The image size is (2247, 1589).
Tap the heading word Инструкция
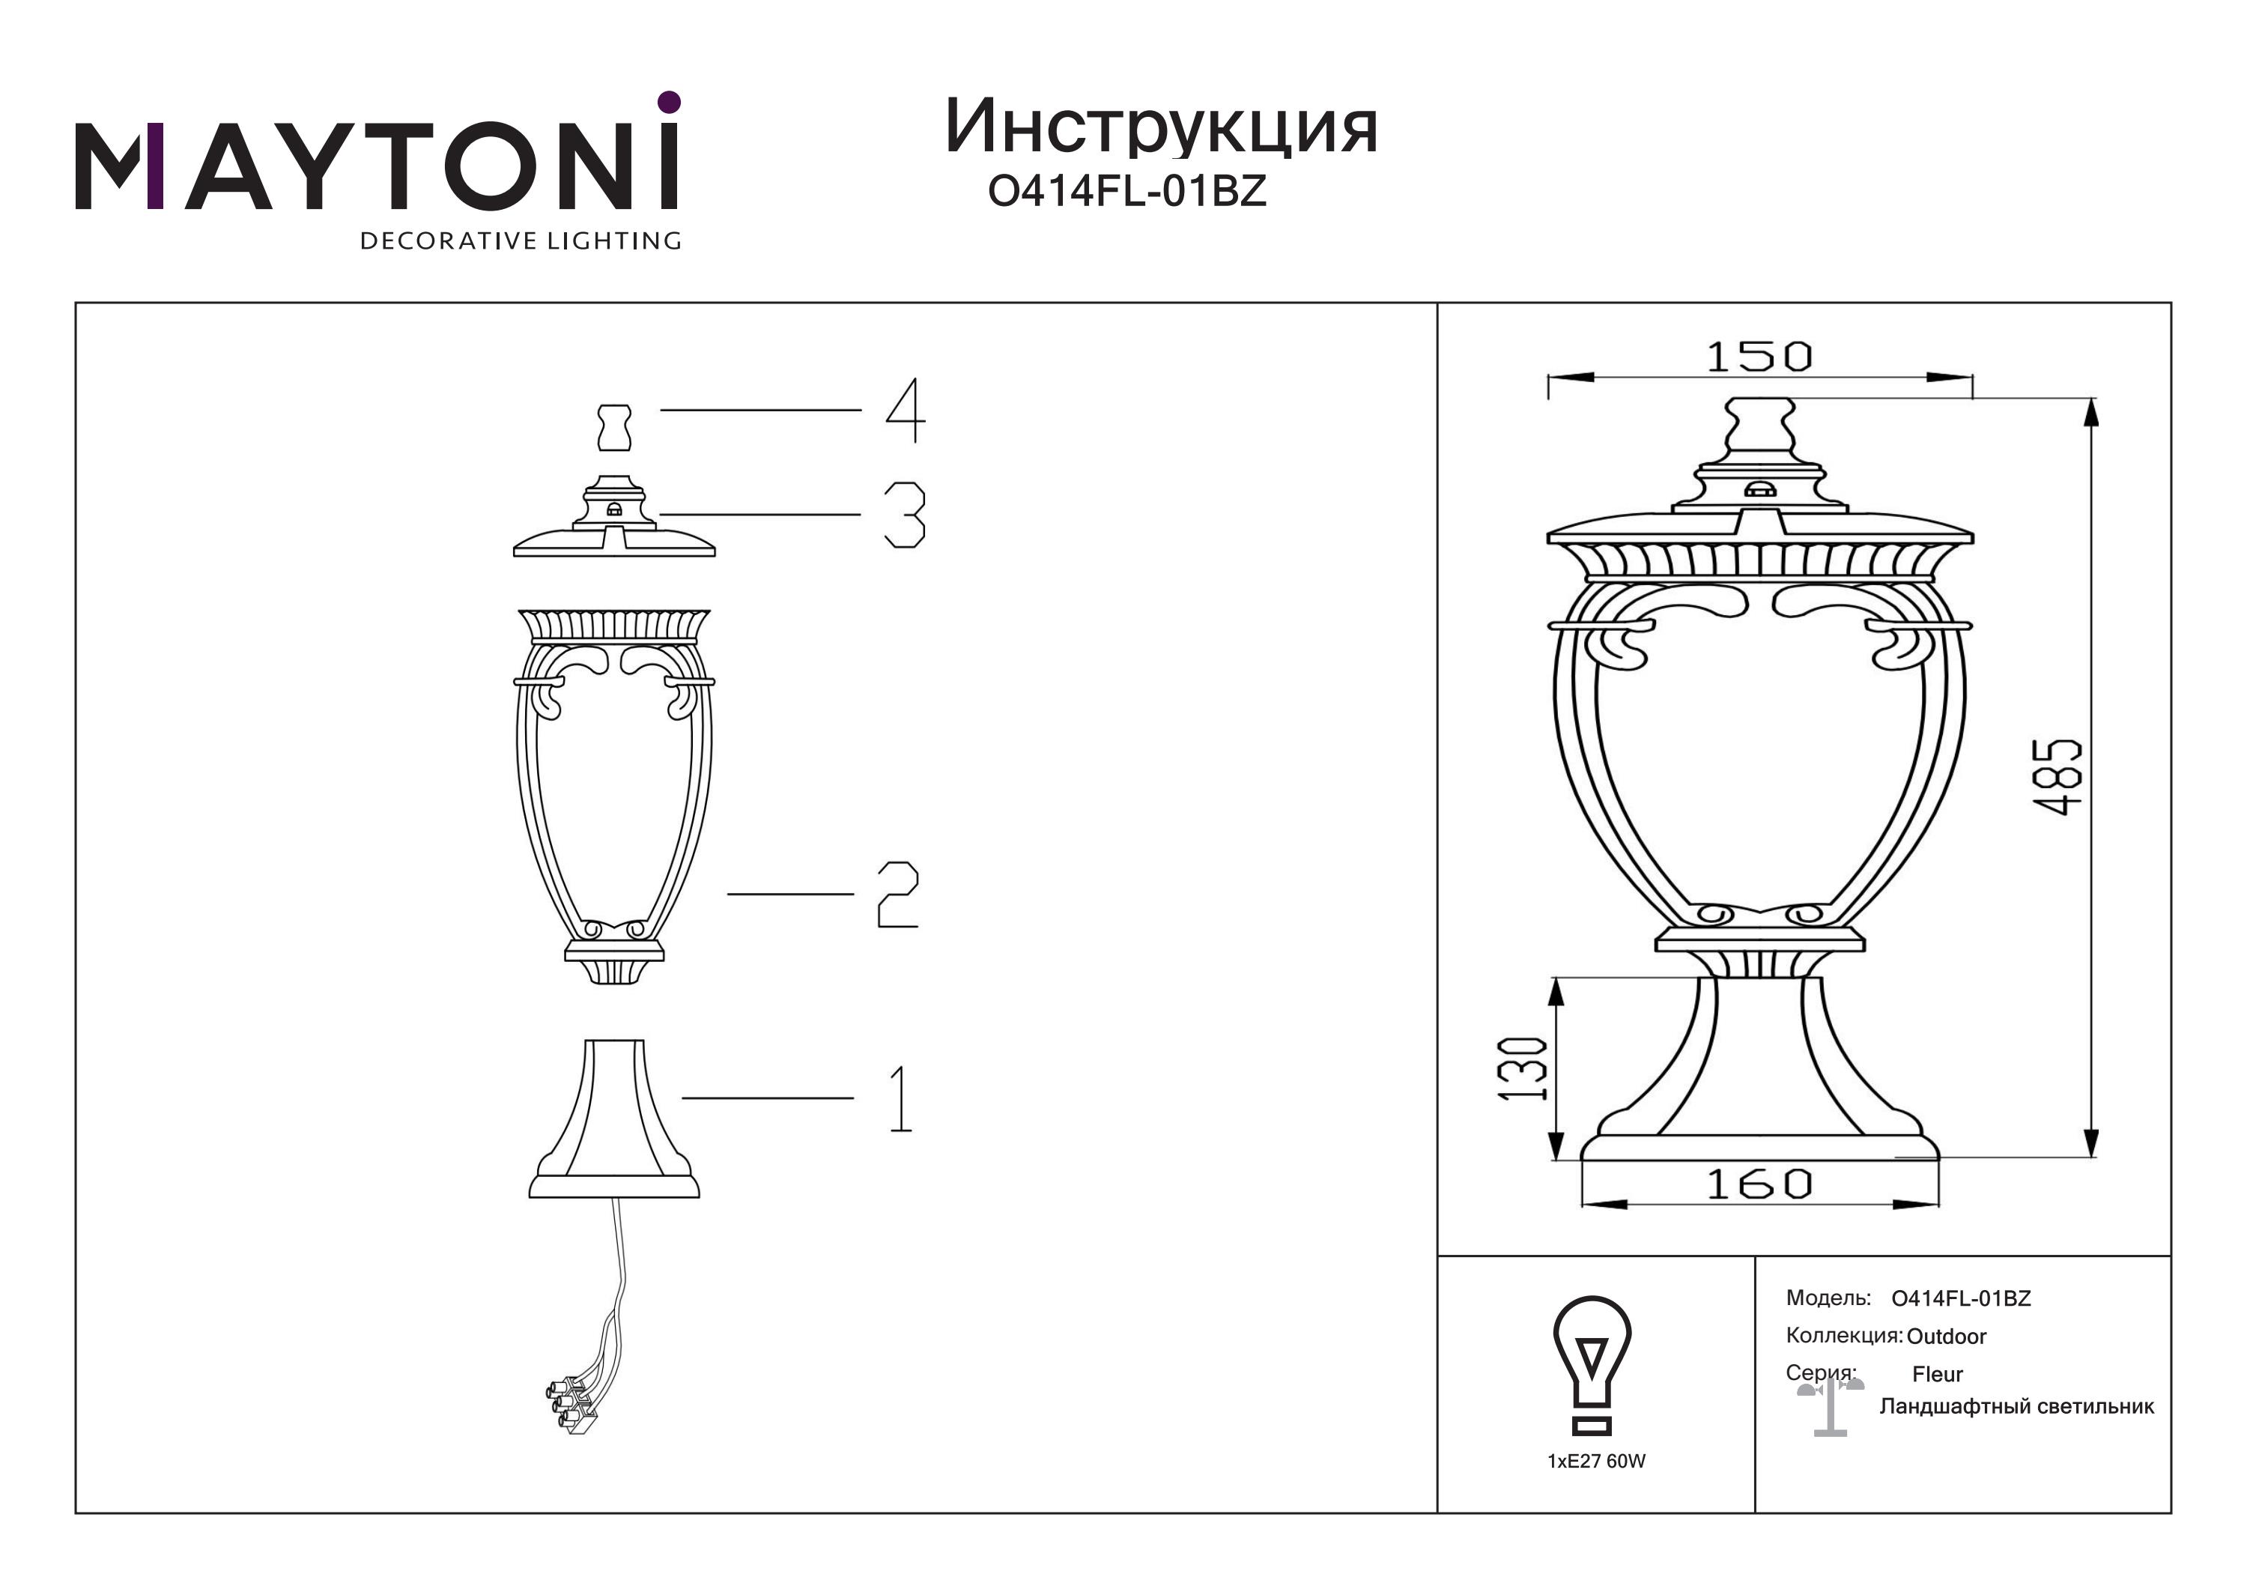click(x=1162, y=128)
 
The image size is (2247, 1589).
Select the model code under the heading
click(x=1127, y=191)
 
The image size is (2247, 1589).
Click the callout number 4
click(x=906, y=411)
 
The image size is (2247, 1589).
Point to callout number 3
click(x=904, y=515)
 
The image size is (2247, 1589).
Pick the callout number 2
click(x=897, y=895)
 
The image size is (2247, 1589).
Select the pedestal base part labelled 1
click(x=615, y=1119)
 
